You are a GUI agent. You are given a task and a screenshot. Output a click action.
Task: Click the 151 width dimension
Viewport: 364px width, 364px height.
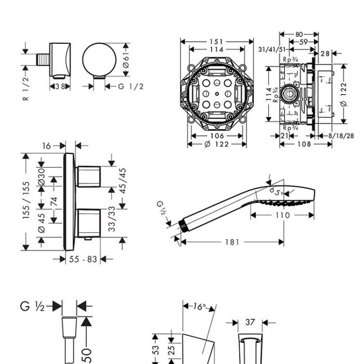pos(216,42)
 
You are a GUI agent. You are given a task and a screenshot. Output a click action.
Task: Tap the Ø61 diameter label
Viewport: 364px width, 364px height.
pos(126,60)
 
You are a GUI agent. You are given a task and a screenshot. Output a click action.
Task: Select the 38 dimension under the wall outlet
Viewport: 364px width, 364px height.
pos(60,87)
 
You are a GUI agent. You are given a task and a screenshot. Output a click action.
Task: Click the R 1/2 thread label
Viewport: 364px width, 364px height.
pos(26,88)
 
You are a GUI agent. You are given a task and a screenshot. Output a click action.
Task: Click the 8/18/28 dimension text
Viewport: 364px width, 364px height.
pos(341,136)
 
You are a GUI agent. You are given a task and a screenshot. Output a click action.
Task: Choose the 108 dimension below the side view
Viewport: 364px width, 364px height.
pos(304,144)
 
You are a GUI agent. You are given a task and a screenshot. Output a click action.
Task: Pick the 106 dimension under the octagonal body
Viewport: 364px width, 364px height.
pos(217,136)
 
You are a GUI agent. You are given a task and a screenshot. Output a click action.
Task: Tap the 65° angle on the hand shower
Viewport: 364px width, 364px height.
pos(276,191)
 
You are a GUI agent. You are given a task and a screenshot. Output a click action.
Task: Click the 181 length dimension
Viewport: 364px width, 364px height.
pos(232,242)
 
